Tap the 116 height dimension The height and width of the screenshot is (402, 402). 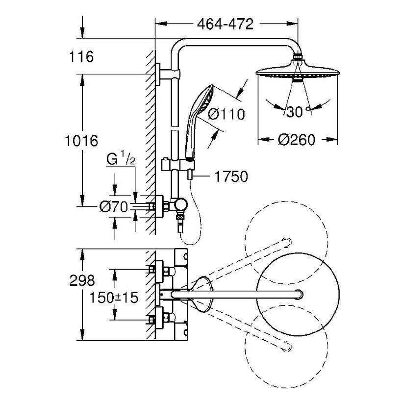point(82,57)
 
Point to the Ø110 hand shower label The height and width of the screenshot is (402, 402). point(226,114)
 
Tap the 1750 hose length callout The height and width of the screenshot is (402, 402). point(229,176)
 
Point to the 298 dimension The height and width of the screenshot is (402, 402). point(81,281)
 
